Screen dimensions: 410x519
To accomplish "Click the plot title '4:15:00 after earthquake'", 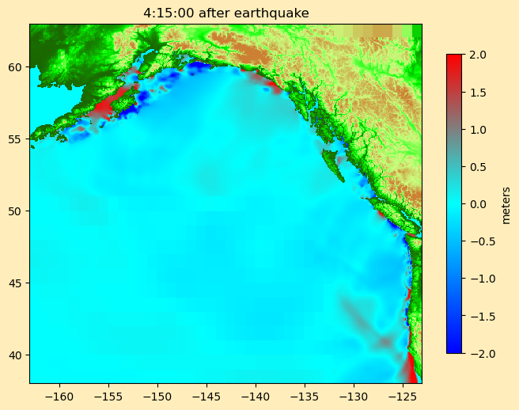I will pyautogui.click(x=225, y=13).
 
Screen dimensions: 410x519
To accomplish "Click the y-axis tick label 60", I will pyautogui.click(x=16, y=66).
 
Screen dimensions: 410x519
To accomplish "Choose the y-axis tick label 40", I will pyautogui.click(x=16, y=355).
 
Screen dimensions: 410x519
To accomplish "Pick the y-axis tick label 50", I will pyautogui.click(x=16, y=211).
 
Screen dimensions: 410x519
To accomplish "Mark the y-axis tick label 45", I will pyautogui.click(x=16, y=283).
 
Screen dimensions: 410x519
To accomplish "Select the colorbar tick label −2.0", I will pyautogui.click(x=477, y=353).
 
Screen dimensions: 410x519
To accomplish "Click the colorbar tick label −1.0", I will pyautogui.click(x=477, y=279).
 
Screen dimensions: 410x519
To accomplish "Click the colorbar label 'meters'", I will pyautogui.click(x=506, y=204).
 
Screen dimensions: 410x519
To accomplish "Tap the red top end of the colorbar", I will pyautogui.click(x=454, y=58).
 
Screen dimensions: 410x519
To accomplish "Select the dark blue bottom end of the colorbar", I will pyautogui.click(x=454, y=349).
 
